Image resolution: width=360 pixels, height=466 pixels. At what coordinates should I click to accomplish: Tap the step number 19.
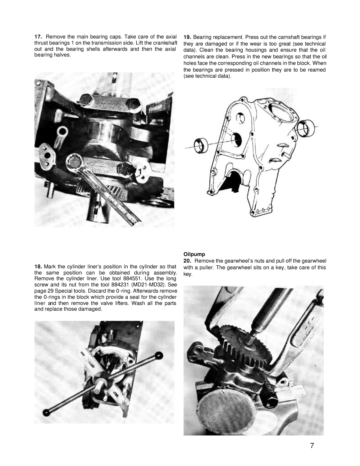pyautogui.click(x=187, y=37)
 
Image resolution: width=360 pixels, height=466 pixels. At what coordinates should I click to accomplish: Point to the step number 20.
pyautogui.click(x=187, y=261)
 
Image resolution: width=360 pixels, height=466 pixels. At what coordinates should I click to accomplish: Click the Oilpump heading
pyautogui.click(x=194, y=254)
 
